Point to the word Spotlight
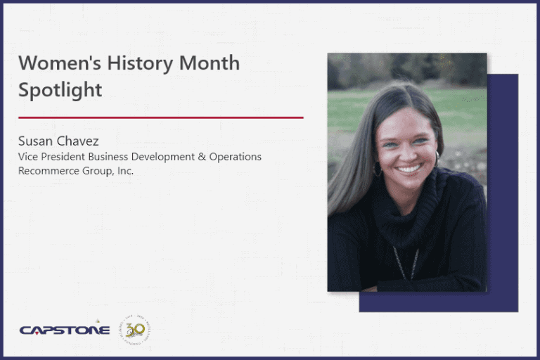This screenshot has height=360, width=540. (x=60, y=91)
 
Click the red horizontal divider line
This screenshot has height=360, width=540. (x=160, y=117)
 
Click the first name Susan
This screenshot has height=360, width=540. (x=34, y=142)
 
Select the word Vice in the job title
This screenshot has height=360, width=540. (x=28, y=157)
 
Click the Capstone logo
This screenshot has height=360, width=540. (x=65, y=329)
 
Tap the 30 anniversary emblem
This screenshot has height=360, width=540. (x=134, y=328)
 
